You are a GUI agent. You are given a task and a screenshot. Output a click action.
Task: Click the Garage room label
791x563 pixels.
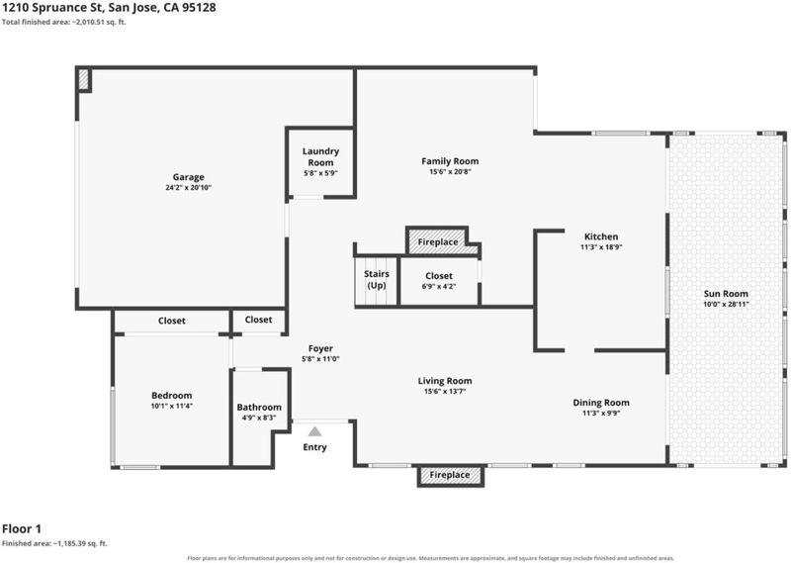click(188, 177)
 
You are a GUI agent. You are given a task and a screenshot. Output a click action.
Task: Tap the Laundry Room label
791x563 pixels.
click(320, 156)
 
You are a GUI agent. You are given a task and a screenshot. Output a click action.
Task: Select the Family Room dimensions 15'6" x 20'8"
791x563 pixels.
click(450, 172)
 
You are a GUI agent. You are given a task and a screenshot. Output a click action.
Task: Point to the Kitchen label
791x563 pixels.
click(601, 236)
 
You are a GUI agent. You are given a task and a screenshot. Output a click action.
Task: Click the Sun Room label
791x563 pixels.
click(726, 293)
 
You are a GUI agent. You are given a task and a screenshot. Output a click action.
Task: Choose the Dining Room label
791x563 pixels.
click(601, 403)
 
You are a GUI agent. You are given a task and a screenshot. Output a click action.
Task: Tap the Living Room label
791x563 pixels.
click(445, 381)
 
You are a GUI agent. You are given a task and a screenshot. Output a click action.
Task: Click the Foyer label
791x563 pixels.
click(320, 348)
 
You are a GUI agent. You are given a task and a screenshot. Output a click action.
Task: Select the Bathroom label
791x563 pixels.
click(259, 407)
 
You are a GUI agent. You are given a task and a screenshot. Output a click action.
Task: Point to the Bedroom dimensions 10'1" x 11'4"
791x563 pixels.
click(171, 406)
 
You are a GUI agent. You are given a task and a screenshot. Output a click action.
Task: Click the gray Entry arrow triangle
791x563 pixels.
click(314, 431)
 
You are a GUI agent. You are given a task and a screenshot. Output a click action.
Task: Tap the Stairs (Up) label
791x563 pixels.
click(377, 279)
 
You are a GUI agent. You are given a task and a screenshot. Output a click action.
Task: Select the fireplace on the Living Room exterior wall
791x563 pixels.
click(450, 475)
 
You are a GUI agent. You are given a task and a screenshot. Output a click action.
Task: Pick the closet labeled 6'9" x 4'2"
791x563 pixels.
click(439, 281)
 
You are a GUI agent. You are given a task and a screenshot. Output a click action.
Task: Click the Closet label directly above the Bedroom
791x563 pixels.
click(171, 321)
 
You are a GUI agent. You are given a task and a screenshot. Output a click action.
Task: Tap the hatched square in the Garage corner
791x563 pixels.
click(84, 80)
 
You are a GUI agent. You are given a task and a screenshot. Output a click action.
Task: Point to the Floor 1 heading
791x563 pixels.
click(22, 528)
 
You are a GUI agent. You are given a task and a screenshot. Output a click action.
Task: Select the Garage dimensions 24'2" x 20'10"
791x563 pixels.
click(188, 188)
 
